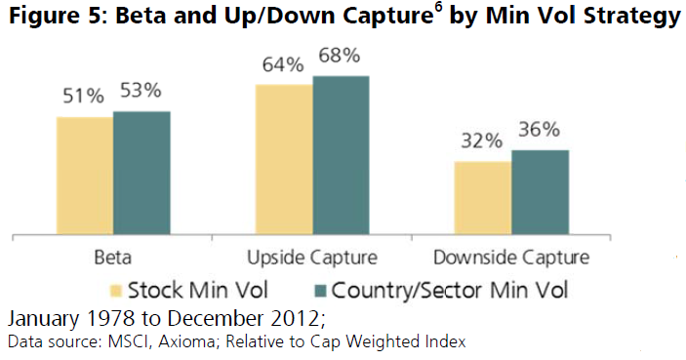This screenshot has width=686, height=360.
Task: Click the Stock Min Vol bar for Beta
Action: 85,176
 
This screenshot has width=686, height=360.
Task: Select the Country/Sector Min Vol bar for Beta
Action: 141,173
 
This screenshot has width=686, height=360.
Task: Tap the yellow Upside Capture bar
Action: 284,159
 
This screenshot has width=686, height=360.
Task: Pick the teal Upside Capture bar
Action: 341,155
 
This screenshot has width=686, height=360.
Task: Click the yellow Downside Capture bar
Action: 483,198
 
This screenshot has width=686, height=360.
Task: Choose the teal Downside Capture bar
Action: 540,192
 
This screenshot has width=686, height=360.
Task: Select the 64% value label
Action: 284,65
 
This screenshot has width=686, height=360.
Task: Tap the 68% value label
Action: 339,57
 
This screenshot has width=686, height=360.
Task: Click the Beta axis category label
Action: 113,259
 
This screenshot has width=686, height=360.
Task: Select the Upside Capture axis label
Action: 312,259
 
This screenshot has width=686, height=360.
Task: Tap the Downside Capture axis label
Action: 511,259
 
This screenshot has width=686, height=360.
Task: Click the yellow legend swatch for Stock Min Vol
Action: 115,291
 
